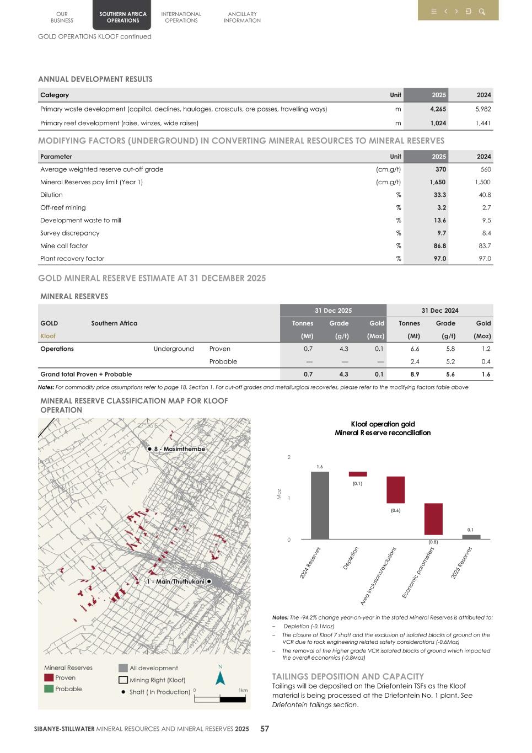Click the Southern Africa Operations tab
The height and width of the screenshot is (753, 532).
[122, 17]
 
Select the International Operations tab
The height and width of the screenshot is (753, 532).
[181, 17]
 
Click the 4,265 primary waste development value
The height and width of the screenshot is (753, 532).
[438, 109]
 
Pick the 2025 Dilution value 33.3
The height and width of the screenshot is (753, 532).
[439, 195]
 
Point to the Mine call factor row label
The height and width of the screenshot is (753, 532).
[64, 246]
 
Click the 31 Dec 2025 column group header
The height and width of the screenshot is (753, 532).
[333, 311]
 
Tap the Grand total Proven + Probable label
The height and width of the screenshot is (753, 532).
[86, 374]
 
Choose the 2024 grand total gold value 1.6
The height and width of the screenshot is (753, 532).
[486, 374]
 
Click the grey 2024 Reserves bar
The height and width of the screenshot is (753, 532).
[320, 505]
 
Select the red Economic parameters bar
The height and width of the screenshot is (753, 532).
[433, 519]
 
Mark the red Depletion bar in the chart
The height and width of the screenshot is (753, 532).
[357, 474]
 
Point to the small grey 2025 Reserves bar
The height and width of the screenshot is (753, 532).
[471, 537]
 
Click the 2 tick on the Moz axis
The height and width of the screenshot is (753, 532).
[288, 457]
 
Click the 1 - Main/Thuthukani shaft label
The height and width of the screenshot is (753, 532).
[175, 581]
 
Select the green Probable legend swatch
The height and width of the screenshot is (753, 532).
[49, 688]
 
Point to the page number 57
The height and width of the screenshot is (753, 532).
[265, 729]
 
